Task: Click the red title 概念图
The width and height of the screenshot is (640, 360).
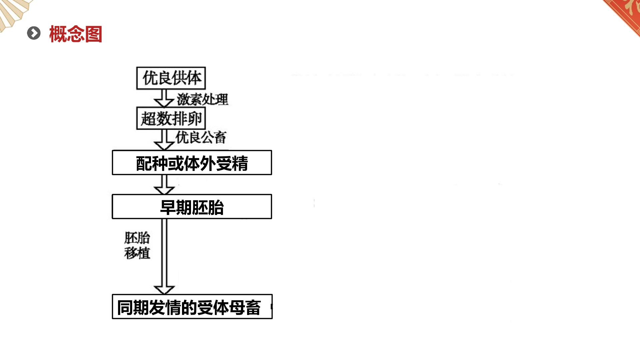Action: tap(76, 34)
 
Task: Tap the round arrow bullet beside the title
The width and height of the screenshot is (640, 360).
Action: tap(34, 33)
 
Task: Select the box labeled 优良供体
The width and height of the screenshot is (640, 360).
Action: tap(171, 78)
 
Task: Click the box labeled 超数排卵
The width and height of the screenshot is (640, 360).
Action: tap(171, 118)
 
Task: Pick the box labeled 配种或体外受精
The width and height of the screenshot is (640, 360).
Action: tap(192, 163)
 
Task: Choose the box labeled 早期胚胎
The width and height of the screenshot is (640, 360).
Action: tap(192, 207)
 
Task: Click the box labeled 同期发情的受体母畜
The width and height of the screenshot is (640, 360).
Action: tap(192, 307)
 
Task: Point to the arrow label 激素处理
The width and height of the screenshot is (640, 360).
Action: tap(203, 99)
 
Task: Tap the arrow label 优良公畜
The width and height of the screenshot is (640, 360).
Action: tap(201, 137)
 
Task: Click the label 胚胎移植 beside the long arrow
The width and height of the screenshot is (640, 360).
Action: tap(137, 245)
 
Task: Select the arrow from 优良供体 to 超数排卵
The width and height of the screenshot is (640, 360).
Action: tap(164, 98)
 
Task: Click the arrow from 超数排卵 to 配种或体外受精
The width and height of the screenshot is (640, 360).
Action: tap(164, 140)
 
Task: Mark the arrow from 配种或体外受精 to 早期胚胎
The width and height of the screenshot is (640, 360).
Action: tap(164, 185)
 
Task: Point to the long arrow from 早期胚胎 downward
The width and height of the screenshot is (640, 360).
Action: tap(164, 257)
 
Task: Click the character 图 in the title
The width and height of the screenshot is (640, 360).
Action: tap(93, 34)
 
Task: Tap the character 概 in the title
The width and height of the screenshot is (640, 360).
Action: tap(58, 34)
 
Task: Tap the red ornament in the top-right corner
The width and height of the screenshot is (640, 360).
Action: tap(623, 13)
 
